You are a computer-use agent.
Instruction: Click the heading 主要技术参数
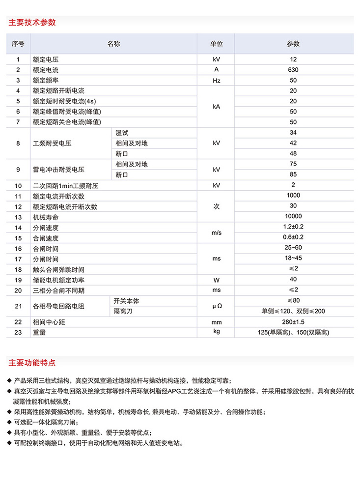[x=32, y=22]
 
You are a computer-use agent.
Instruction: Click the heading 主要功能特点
[x=32, y=363]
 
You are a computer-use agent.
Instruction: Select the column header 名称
[x=113, y=44]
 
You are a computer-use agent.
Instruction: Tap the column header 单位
[x=216, y=44]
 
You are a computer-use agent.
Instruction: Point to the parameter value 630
[x=293, y=69]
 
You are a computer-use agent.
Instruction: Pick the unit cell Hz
[x=216, y=80]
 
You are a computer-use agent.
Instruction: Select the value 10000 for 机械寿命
[x=293, y=216]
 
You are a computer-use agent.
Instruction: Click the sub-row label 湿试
[x=121, y=133]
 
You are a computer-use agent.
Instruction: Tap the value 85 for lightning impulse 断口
[x=293, y=174]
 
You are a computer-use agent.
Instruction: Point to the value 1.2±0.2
[x=293, y=227]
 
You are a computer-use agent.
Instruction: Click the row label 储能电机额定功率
[x=58, y=280]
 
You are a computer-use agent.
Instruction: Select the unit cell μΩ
[x=216, y=306]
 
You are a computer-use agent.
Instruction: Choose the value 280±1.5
[x=293, y=322]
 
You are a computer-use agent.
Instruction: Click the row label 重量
[x=39, y=333]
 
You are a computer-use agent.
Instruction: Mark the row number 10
[x=18, y=186]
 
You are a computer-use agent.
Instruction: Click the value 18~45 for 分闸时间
[x=293, y=259]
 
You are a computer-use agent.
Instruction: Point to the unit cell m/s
[x=216, y=232]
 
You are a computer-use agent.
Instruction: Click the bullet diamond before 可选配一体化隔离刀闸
[x=10, y=422]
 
